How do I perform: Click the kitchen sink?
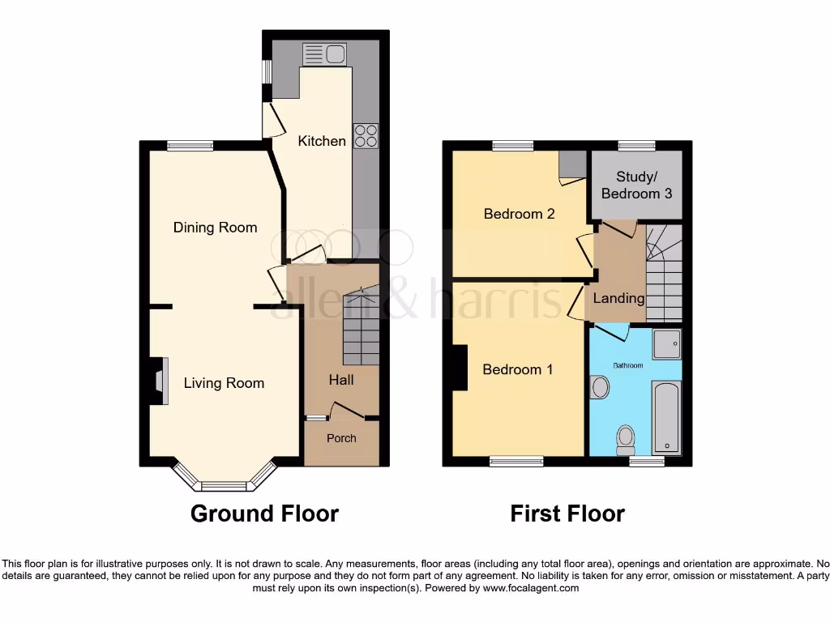323,55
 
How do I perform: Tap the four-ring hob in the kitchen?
366,135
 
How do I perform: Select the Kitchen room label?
322,141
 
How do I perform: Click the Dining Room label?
215,228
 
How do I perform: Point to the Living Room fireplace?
159,381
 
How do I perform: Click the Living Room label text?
224,383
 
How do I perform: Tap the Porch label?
341,438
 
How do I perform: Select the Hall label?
340,379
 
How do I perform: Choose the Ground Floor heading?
264,513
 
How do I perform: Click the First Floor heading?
567,513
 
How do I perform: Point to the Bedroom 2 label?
519,214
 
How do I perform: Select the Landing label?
618,298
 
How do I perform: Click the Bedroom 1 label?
517,369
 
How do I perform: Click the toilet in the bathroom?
625,440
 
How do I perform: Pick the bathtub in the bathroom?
667,418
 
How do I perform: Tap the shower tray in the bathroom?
667,344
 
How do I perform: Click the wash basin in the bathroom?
601,387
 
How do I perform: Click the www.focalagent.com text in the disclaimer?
531,588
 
